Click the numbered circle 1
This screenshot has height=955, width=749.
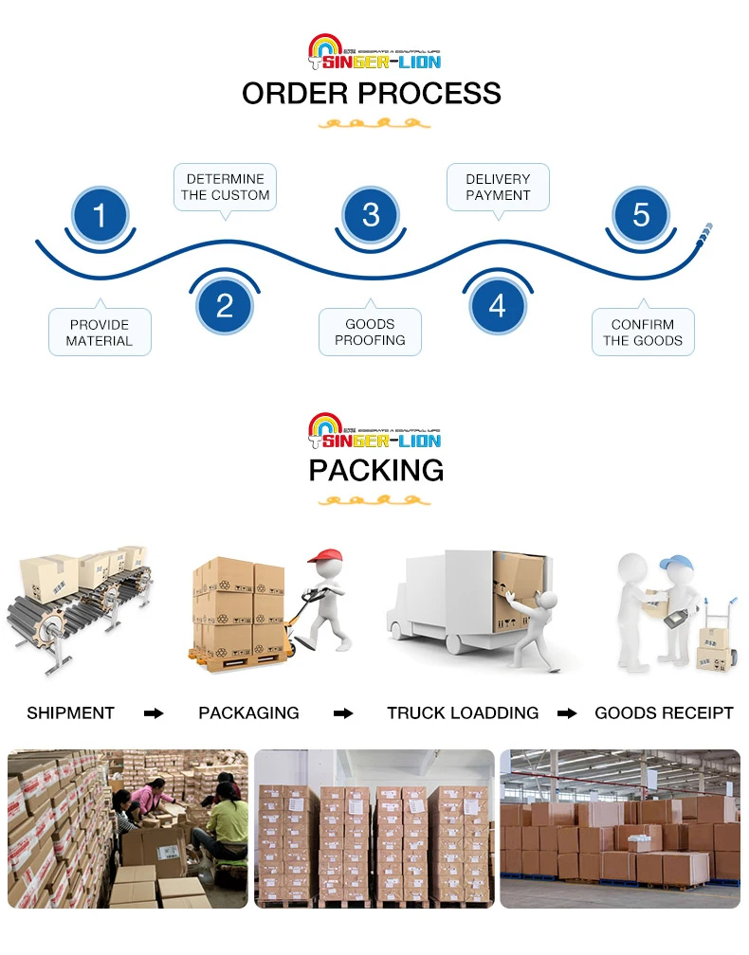(x=100, y=215)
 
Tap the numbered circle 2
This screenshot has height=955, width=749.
(x=225, y=305)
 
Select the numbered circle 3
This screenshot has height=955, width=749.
(x=371, y=215)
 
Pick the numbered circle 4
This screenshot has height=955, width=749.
(x=498, y=305)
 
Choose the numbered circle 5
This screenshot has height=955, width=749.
(x=641, y=215)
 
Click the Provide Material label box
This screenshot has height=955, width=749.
(x=100, y=333)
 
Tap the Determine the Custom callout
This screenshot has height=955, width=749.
(x=226, y=187)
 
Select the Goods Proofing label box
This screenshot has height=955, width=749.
(x=370, y=333)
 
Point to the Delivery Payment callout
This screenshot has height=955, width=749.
(x=498, y=187)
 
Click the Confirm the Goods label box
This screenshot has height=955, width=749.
(x=643, y=333)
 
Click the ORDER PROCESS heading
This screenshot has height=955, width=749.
(x=371, y=94)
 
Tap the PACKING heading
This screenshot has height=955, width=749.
(x=375, y=470)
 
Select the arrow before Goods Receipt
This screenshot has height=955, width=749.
(x=567, y=713)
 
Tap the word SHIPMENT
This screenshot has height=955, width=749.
(x=70, y=713)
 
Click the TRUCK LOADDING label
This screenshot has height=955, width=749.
(x=463, y=713)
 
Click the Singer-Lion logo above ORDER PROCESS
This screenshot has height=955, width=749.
(x=375, y=52)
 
